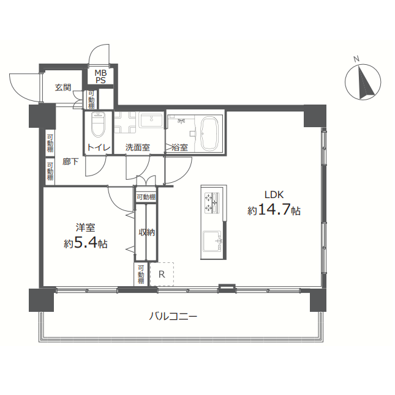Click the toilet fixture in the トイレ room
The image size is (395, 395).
click(x=98, y=124)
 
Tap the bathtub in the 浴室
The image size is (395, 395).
click(x=209, y=133)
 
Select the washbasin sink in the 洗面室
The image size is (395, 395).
click(x=151, y=120)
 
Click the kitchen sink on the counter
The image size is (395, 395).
click(x=212, y=241)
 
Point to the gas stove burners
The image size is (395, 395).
click(x=212, y=202)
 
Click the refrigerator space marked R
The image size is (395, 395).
click(x=162, y=274)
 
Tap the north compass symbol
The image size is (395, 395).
click(x=363, y=82)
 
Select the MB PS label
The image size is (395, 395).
click(x=100, y=76)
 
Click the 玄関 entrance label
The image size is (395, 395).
click(x=63, y=87)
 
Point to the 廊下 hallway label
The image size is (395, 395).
click(x=70, y=161)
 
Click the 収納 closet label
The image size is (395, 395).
click(x=146, y=232)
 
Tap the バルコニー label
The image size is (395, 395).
click(x=173, y=316)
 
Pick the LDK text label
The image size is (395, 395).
click(x=274, y=194)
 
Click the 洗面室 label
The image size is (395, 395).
click(x=138, y=147)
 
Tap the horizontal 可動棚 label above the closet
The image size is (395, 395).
click(x=146, y=197)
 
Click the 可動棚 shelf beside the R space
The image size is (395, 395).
click(x=141, y=274)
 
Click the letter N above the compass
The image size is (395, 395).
click(x=356, y=59)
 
